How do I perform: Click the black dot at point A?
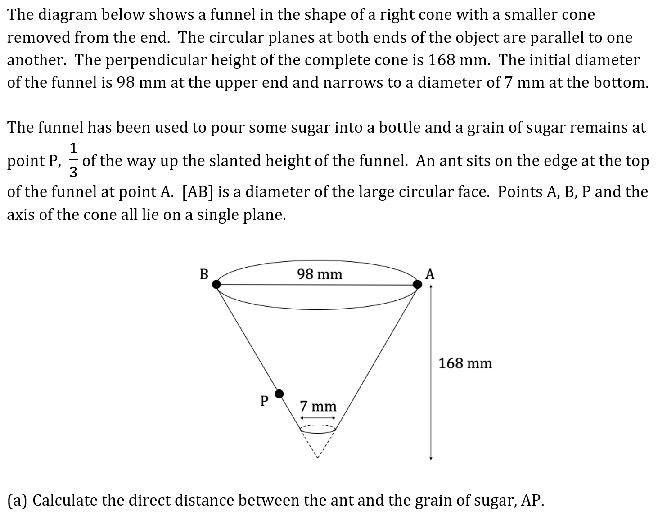coord(418,284)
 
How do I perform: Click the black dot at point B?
coord(216,284)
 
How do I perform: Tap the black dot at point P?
coord(279,394)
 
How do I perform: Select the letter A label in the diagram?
coord(430,274)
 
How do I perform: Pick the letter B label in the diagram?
coord(204,274)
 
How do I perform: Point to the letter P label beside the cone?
coord(265,400)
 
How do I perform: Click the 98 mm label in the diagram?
coord(320,274)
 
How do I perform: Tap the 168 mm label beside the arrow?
coord(465,363)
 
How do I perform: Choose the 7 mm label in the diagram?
coord(318,406)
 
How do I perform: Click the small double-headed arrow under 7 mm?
coord(318,418)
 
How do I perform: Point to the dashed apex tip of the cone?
coord(318,457)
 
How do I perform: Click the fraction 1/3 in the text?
coord(74,160)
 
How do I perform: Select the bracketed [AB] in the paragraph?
coord(198,192)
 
